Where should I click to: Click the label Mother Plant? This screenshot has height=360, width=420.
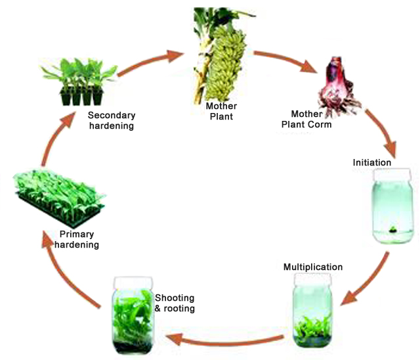pos(220,112)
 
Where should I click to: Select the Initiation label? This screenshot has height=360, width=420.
pos(371,162)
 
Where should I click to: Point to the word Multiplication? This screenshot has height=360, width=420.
pos(313,267)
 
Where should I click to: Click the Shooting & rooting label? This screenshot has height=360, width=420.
pos(175,303)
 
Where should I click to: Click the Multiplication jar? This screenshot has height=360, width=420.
pos(310,309)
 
